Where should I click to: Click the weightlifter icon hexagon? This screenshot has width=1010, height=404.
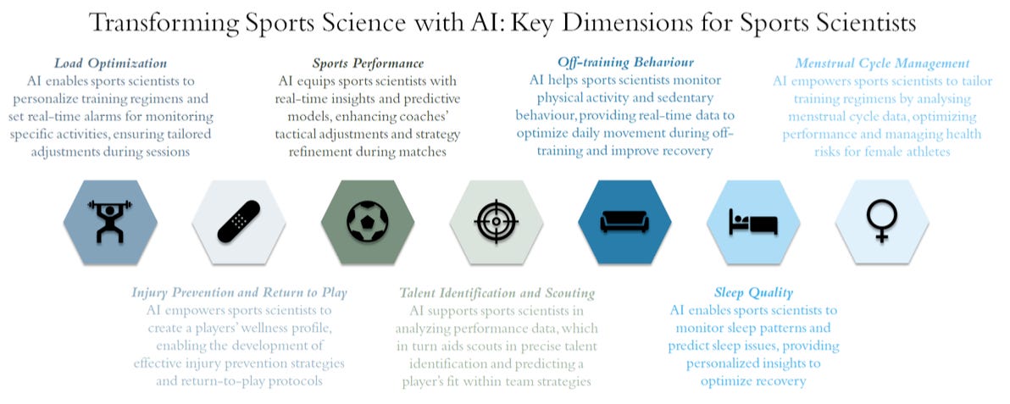[110, 222]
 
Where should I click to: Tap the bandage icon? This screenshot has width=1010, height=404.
[239, 222]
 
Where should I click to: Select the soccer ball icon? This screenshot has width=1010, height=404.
[368, 222]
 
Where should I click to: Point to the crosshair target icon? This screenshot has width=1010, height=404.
[497, 222]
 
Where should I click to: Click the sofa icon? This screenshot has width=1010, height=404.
[624, 222]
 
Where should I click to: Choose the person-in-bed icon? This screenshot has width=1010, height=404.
[753, 222]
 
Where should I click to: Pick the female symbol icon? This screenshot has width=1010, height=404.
[881, 222]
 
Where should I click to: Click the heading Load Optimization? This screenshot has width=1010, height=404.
[110, 64]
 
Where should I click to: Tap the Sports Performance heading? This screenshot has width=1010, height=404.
[368, 64]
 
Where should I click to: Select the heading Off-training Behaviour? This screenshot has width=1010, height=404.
[625, 63]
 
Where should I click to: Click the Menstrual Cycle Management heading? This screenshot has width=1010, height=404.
[882, 64]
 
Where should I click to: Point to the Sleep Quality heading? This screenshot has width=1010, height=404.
[753, 293]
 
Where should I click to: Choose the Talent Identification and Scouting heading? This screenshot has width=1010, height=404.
[497, 293]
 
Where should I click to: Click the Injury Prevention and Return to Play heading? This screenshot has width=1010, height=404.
[239, 293]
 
